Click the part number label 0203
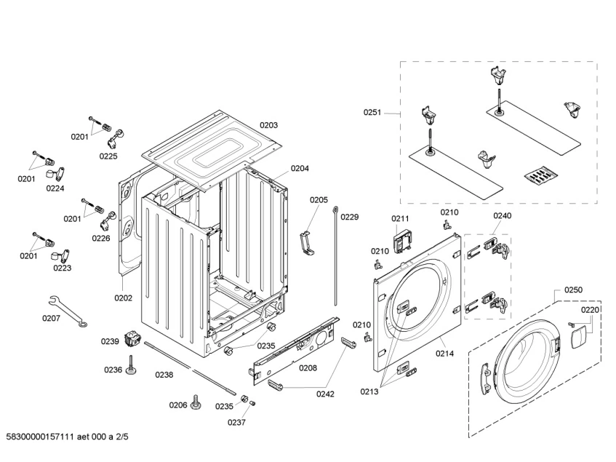[269, 125]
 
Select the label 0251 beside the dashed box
[372, 112]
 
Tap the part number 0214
[445, 354]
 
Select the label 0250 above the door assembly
[573, 290]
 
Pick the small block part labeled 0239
[132, 338]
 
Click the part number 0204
[300, 168]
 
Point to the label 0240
[503, 215]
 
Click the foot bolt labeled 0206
[196, 402]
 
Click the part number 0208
[308, 368]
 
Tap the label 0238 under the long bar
[164, 375]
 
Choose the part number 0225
[108, 156]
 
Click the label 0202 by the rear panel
[123, 297]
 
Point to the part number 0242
[325, 394]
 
